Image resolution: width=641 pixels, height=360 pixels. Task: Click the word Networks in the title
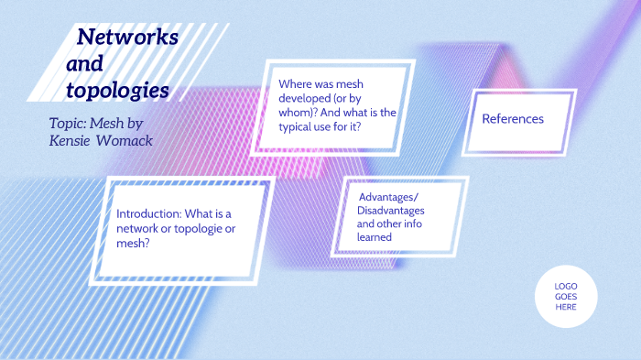[127, 38]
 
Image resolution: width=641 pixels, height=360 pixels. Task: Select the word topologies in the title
[117, 91]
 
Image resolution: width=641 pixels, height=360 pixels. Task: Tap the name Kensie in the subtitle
[72, 140]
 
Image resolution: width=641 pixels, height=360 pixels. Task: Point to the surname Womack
[127, 140]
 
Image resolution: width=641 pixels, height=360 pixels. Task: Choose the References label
[513, 119]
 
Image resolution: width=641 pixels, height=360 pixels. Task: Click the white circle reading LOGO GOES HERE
[566, 296]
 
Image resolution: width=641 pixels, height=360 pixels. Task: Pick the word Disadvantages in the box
[391, 211]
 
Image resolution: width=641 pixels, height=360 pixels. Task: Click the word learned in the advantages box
[375, 237]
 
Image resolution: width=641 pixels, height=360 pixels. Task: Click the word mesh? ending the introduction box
[134, 244]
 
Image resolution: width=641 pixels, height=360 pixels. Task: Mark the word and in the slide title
[84, 64]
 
